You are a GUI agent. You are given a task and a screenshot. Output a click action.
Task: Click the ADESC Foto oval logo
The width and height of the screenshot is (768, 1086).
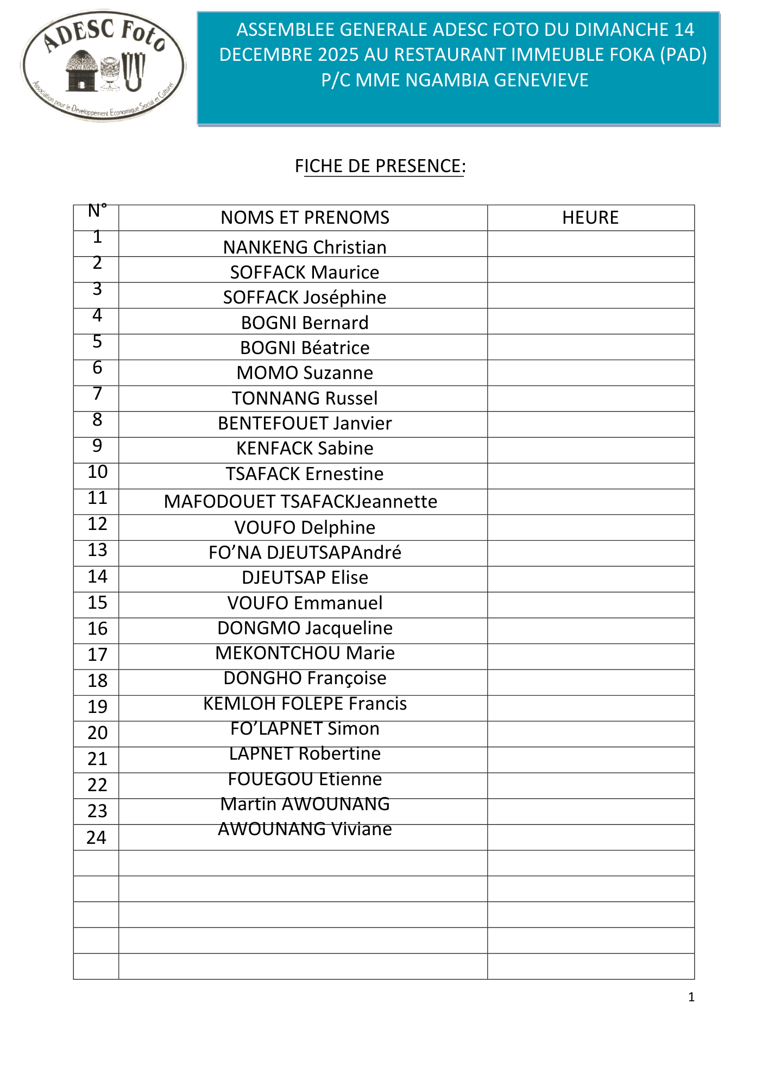coord(103,65)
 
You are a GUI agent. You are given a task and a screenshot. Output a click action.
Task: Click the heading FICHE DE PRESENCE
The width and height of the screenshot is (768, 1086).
coord(380,166)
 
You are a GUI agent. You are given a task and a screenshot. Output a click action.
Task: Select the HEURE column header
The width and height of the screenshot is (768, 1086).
coord(590,218)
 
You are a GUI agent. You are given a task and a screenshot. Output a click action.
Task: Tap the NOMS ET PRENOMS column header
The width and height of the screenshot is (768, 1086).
coord(305,218)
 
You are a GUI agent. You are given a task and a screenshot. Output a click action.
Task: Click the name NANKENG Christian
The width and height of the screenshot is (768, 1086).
coord(305,247)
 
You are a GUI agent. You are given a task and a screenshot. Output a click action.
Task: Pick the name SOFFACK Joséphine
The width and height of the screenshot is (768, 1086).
coord(305,298)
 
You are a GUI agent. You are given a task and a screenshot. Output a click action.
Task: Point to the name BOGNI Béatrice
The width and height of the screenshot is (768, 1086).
coord(305,348)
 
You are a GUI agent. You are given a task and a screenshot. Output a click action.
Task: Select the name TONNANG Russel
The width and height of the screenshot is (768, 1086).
coord(305,398)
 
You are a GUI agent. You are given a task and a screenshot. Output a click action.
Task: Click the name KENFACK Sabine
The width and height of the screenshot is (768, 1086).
coord(305,449)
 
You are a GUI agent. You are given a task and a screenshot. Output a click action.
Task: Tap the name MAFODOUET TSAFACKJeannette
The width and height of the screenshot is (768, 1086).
coord(300,501)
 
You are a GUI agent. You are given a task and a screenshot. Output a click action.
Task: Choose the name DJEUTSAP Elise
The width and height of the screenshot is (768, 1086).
coord(305,577)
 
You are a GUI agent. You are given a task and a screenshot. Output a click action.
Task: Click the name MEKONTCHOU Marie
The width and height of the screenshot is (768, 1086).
coord(305,653)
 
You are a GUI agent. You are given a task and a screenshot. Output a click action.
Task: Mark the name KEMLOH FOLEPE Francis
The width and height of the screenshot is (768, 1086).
coord(305,703)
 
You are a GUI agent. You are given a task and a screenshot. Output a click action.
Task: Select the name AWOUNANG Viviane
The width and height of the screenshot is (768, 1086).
coord(305,829)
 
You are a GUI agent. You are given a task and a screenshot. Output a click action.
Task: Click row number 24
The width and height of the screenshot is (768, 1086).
coord(97,837)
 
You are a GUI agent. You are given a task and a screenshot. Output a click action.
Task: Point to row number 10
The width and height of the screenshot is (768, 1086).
coord(98,472)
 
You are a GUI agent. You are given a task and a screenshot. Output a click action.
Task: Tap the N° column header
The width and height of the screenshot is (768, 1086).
coord(97,211)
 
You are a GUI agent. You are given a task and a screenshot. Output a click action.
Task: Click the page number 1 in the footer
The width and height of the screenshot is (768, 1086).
coord(691,997)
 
